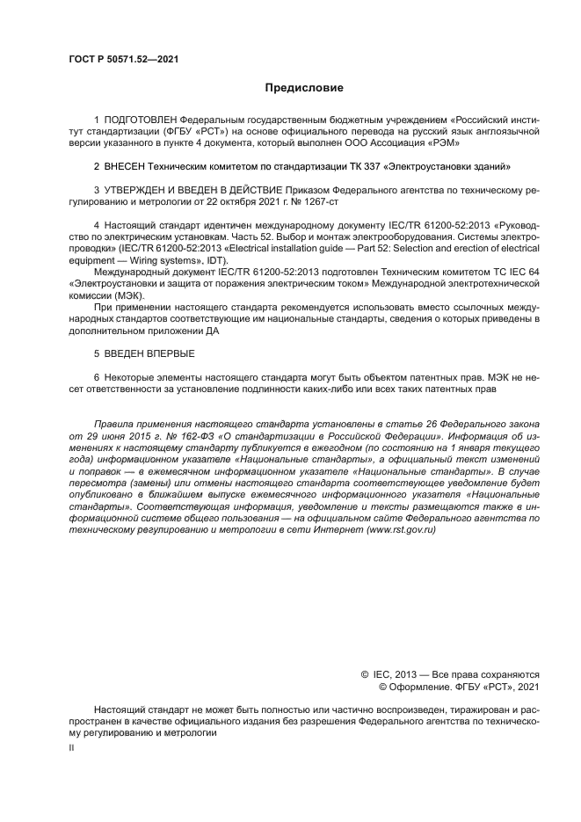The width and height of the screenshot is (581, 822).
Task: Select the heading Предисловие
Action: pos(304,88)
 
